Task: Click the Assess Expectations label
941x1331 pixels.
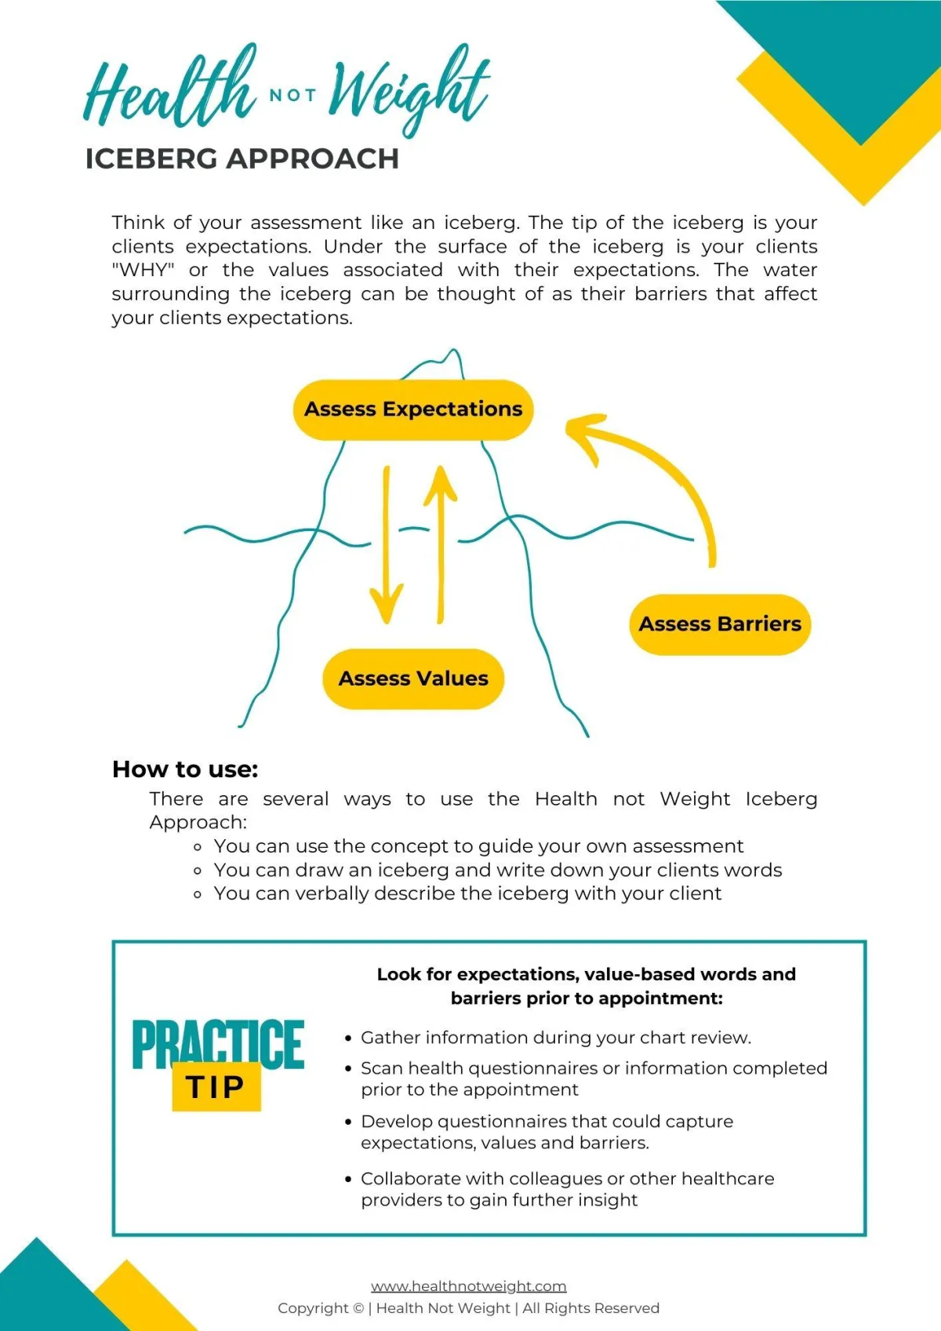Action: click(413, 409)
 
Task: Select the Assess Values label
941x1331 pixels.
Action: click(413, 678)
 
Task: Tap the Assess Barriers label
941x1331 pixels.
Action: click(720, 624)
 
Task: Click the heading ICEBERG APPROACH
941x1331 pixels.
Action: click(242, 159)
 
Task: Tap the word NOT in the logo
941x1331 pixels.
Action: click(292, 96)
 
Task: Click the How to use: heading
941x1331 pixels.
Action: click(185, 769)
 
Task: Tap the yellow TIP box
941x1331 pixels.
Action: click(216, 1087)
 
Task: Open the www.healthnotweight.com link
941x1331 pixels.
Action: click(468, 1286)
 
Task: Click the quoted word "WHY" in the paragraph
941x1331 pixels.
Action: click(143, 271)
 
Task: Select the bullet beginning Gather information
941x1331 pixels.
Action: click(555, 1038)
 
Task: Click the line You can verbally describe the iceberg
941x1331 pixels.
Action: click(467, 893)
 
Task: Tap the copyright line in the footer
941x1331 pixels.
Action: click(468, 1308)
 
